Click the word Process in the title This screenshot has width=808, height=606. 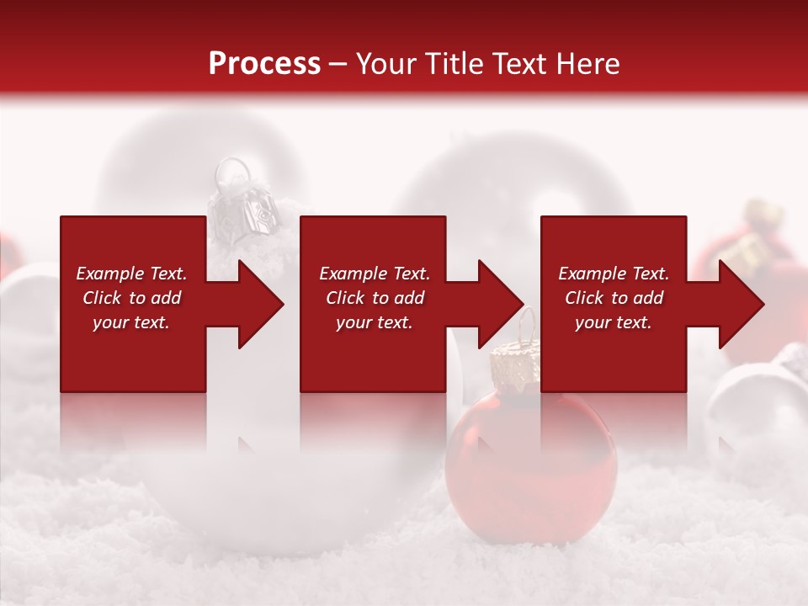(x=264, y=64)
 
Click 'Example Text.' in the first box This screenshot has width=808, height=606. (x=131, y=274)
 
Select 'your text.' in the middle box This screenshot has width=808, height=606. (x=374, y=322)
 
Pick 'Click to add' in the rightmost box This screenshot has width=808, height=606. (x=614, y=298)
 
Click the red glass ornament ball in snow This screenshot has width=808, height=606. (x=506, y=454)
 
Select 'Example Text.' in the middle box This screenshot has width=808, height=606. (x=375, y=274)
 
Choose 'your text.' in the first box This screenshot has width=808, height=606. (x=131, y=322)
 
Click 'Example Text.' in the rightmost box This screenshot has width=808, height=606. (x=614, y=274)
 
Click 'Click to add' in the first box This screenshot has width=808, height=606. (x=131, y=298)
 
